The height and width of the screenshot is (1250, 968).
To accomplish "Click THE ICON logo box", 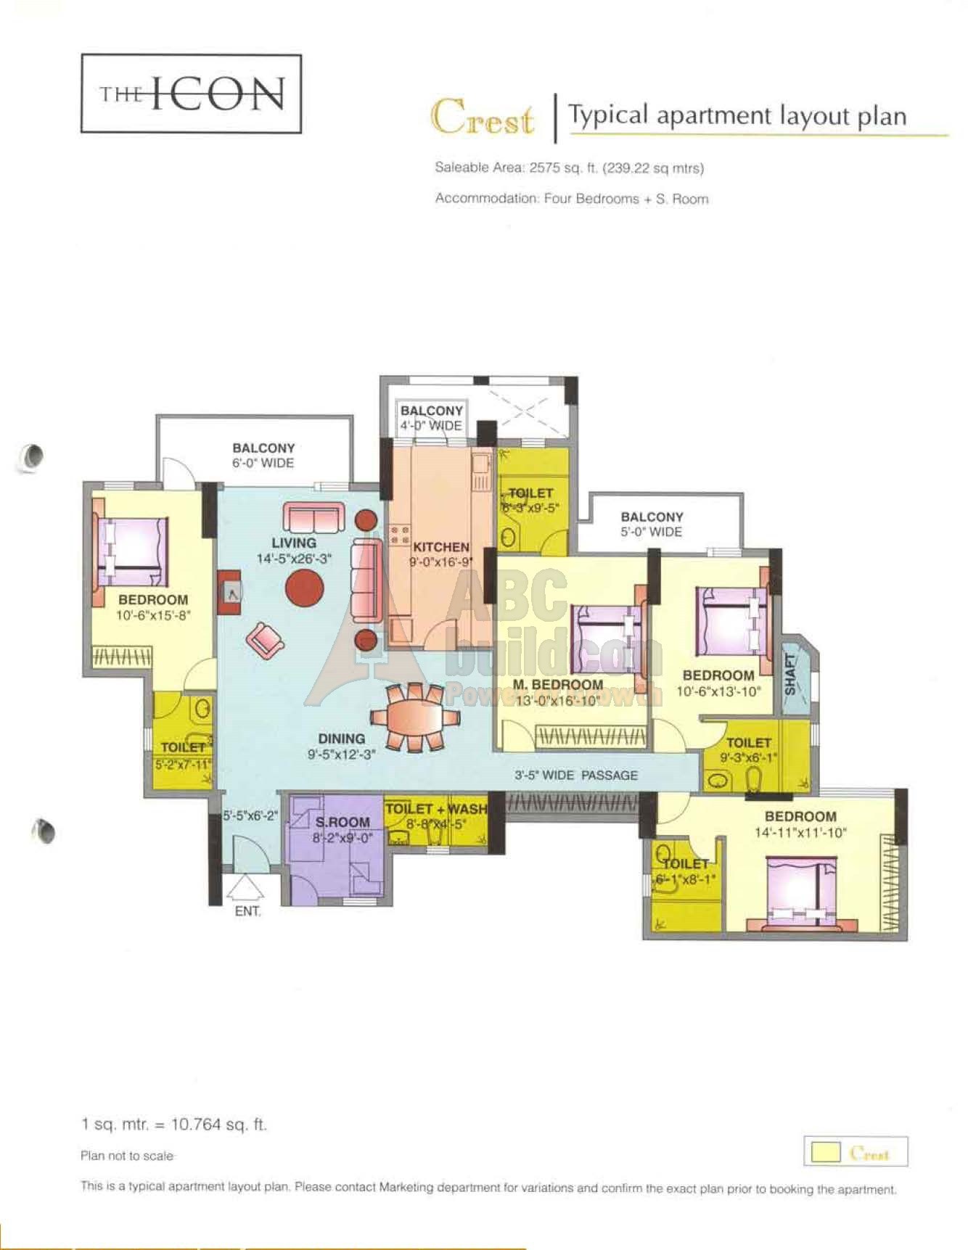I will click(x=191, y=94).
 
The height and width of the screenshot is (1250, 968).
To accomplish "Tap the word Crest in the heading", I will click(x=483, y=117).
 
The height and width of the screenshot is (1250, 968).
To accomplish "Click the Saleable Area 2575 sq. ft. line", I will click(x=569, y=168).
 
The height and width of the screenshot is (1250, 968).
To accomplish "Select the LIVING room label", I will click(x=294, y=543).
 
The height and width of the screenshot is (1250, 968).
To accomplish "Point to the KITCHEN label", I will click(x=440, y=547).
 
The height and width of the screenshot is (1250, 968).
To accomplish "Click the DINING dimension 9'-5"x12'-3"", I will click(x=341, y=754).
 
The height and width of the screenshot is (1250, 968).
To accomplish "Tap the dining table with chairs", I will click(x=414, y=716).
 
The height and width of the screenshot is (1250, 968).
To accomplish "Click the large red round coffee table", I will click(x=305, y=588).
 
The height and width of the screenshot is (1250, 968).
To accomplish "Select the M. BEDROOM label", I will click(x=557, y=685).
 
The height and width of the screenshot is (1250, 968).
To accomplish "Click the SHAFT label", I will click(x=791, y=675).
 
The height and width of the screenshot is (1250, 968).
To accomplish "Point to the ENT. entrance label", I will click(x=247, y=911).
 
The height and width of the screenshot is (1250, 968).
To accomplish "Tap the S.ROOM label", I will click(x=343, y=822).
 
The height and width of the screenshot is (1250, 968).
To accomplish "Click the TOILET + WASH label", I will click(x=435, y=808).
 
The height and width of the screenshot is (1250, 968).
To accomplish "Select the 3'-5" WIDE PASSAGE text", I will click(x=576, y=775).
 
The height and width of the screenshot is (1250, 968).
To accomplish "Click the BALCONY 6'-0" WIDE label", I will click(x=263, y=456).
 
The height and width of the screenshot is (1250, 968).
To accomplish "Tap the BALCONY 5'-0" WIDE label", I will click(x=652, y=524).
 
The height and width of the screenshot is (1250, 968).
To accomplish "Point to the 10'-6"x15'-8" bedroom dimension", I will click(x=153, y=615).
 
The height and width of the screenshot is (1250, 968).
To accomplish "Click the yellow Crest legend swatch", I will click(x=826, y=1152).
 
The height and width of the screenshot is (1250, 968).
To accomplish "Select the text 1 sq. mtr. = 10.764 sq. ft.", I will click(x=174, y=1124).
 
